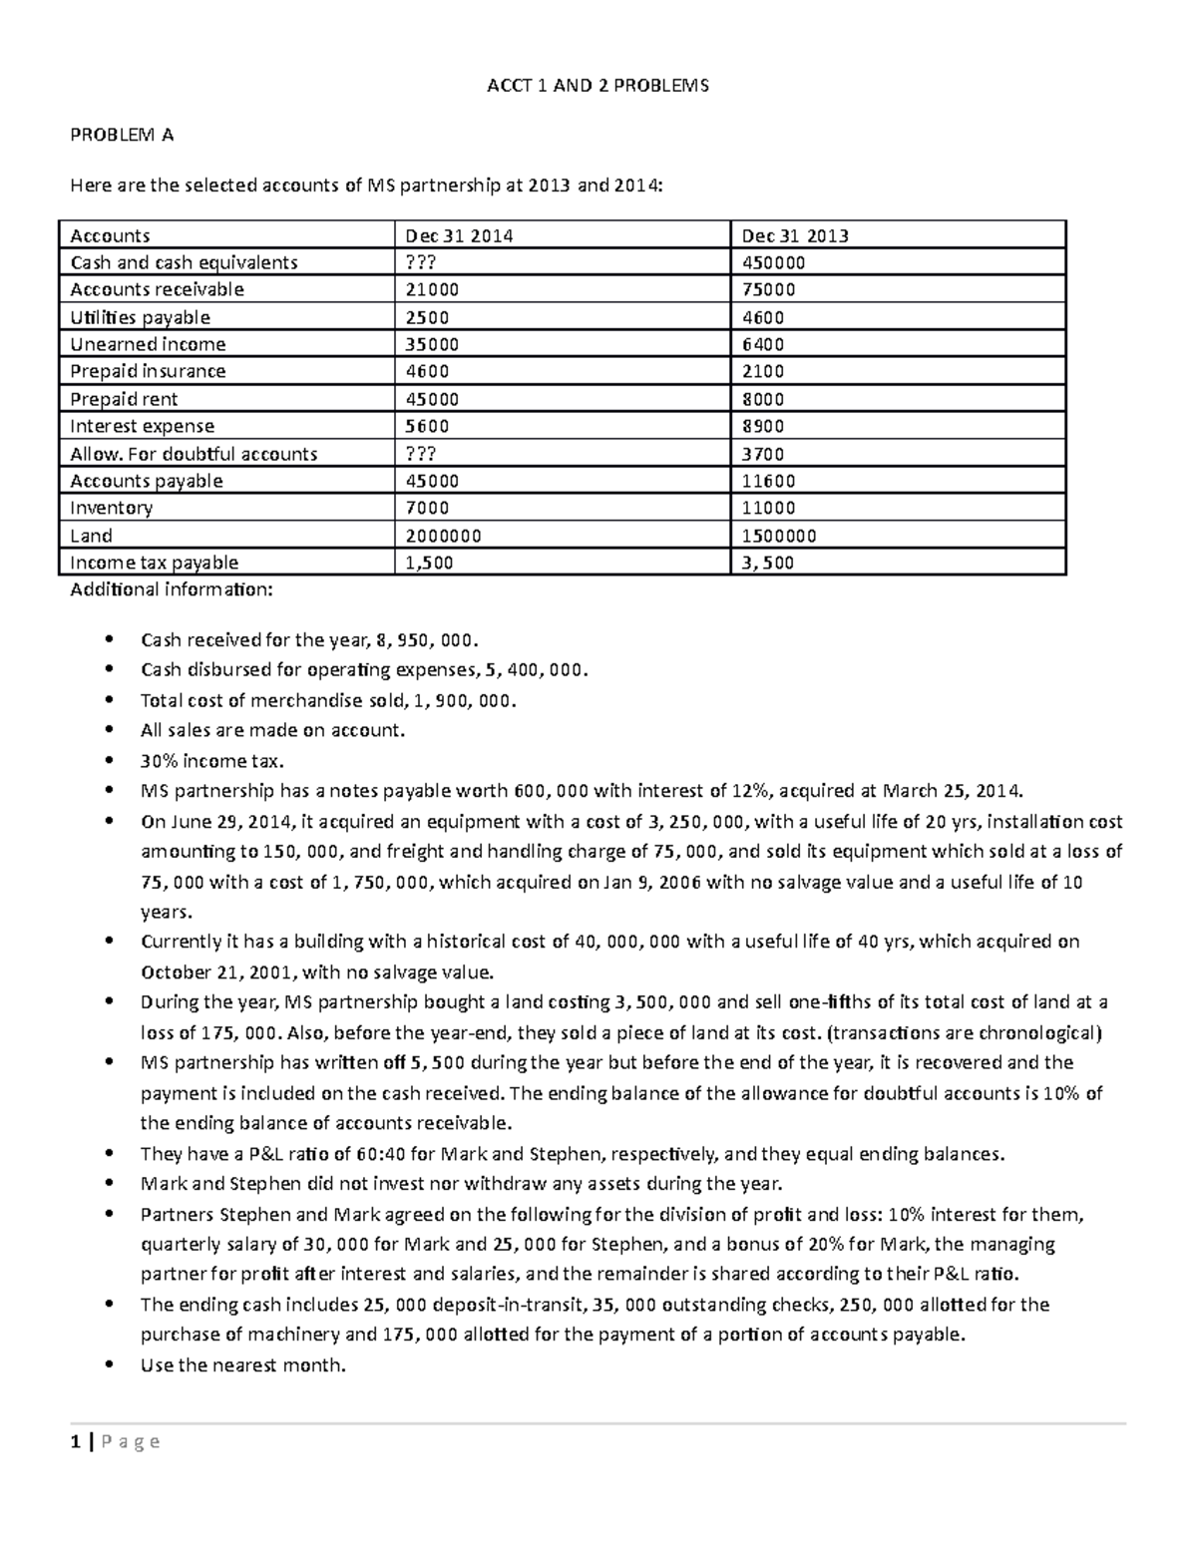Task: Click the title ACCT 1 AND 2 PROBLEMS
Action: tap(598, 86)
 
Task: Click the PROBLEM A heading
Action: tap(122, 135)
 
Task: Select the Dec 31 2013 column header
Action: tap(795, 235)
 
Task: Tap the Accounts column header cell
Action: tap(110, 235)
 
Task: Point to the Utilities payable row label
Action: tap(140, 317)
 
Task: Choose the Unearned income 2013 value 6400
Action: tap(762, 344)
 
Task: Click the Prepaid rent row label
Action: tap(124, 399)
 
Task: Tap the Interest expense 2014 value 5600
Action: tap(426, 426)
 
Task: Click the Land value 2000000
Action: tap(443, 536)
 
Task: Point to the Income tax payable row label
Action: tap(154, 563)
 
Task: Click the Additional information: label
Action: tap(170, 589)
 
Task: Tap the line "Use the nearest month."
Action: tap(243, 1365)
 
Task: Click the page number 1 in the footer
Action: tap(74, 1441)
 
